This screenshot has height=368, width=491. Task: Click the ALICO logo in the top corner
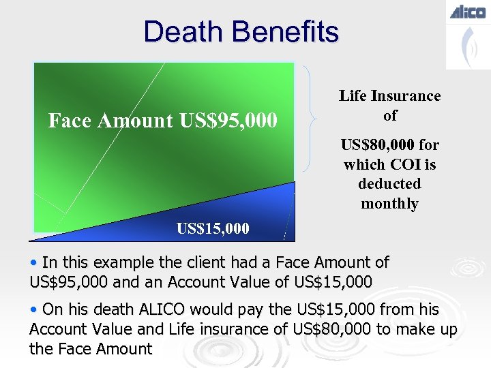pyautogui.click(x=467, y=12)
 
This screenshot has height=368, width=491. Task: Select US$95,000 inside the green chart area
pyautogui.click(x=228, y=121)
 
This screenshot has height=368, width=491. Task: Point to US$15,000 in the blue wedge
pyautogui.click(x=213, y=228)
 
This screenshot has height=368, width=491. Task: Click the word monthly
pyautogui.click(x=390, y=203)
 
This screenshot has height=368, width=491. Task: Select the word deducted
pyautogui.click(x=390, y=184)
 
